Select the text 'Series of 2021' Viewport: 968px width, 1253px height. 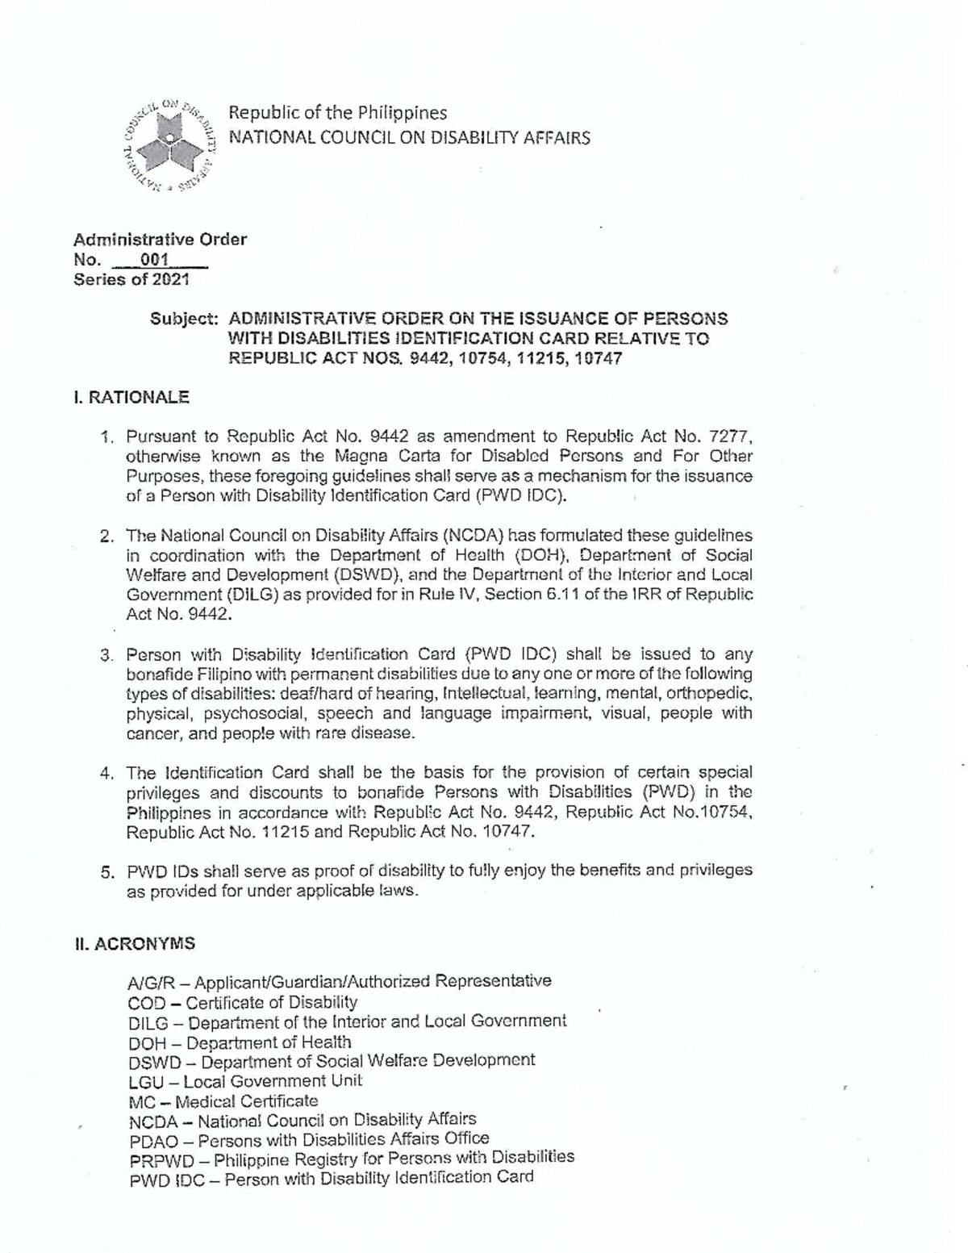pyautogui.click(x=131, y=280)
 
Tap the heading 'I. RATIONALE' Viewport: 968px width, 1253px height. pyautogui.click(x=131, y=397)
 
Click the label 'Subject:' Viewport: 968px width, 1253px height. pyautogui.click(x=184, y=319)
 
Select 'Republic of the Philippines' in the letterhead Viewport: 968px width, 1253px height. pyautogui.click(x=338, y=113)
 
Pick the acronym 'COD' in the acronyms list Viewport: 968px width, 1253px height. pyautogui.click(x=146, y=1003)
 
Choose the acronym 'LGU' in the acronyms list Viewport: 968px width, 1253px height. pyautogui.click(x=145, y=1082)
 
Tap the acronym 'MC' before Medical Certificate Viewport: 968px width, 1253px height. pyautogui.click(x=141, y=1101)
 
